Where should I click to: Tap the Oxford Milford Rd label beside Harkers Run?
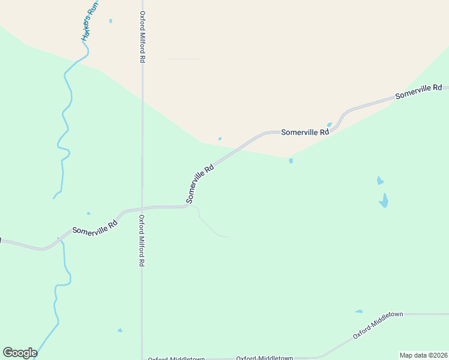pos(142,37)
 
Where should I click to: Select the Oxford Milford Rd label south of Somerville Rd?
pos(142,241)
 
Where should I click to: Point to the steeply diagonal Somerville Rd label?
pos(200,184)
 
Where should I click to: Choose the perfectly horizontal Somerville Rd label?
pos(305,132)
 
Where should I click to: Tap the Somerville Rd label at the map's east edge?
pos(418,91)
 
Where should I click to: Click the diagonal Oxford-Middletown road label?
pos(378,325)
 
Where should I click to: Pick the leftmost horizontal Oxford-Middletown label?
pos(176,358)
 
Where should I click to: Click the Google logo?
pos(20,353)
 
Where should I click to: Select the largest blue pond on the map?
pos(384,200)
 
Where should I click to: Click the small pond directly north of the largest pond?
pos(379,180)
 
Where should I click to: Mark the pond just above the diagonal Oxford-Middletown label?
pos(359,311)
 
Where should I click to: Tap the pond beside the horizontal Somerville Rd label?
pos(330,125)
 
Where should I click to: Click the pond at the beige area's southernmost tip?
pos(291,161)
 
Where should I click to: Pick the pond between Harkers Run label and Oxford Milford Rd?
pos(110,21)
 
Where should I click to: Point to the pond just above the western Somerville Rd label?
pos(88,214)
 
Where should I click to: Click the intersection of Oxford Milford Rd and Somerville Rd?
pos(142,208)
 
